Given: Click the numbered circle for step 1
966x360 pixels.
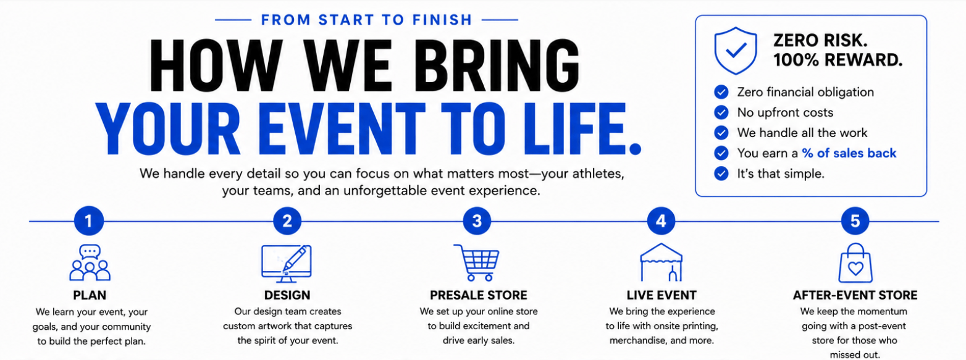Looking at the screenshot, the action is pyautogui.click(x=89, y=221).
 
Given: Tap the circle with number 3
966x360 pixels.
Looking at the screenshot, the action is pyautogui.click(x=477, y=221).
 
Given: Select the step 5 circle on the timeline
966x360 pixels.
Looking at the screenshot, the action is pyautogui.click(x=855, y=221).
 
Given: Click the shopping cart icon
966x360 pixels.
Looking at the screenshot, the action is pyautogui.click(x=476, y=263).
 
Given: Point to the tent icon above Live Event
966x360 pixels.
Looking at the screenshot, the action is pyautogui.click(x=661, y=262).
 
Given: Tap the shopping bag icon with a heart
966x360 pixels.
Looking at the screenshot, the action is pyautogui.click(x=855, y=262).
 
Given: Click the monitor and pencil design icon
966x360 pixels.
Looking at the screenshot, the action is pyautogui.click(x=287, y=264).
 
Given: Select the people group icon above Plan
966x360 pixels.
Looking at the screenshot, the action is pyautogui.click(x=90, y=262).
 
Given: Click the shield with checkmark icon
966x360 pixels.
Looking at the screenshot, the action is pyautogui.click(x=736, y=51).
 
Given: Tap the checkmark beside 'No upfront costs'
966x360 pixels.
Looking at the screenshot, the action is pyautogui.click(x=721, y=112).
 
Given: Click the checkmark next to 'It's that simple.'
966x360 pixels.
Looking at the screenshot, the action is pyautogui.click(x=721, y=174).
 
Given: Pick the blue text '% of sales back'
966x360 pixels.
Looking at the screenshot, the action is pyautogui.click(x=849, y=153).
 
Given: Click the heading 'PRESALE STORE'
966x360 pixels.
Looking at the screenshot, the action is pyautogui.click(x=478, y=295).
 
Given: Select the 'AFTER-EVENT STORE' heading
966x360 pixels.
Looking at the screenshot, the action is pyautogui.click(x=855, y=295).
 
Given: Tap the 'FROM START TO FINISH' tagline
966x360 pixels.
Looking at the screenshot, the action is pyautogui.click(x=366, y=20).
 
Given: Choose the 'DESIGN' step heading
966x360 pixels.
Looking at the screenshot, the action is pyautogui.click(x=287, y=295).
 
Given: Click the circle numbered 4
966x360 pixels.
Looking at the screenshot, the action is pyautogui.click(x=661, y=221).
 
